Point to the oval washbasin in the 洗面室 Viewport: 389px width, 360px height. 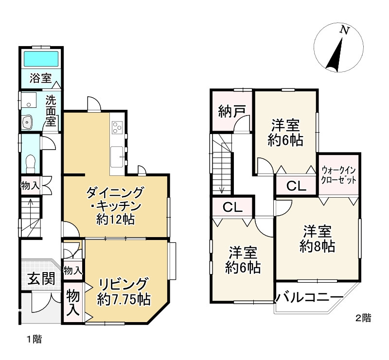27,121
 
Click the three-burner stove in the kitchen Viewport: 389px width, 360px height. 118,127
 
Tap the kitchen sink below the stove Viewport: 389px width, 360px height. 117,156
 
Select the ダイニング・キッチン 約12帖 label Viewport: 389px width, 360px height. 115,206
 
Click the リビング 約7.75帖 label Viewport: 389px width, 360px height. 123,290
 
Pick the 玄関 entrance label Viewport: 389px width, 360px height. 37,279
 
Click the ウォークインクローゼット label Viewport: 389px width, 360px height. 339,175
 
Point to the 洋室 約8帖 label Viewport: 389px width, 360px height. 317,238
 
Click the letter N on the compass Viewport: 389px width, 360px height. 345,30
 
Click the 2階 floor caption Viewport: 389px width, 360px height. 363,319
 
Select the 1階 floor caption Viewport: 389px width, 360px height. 34,339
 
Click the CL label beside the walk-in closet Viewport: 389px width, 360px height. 296,186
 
